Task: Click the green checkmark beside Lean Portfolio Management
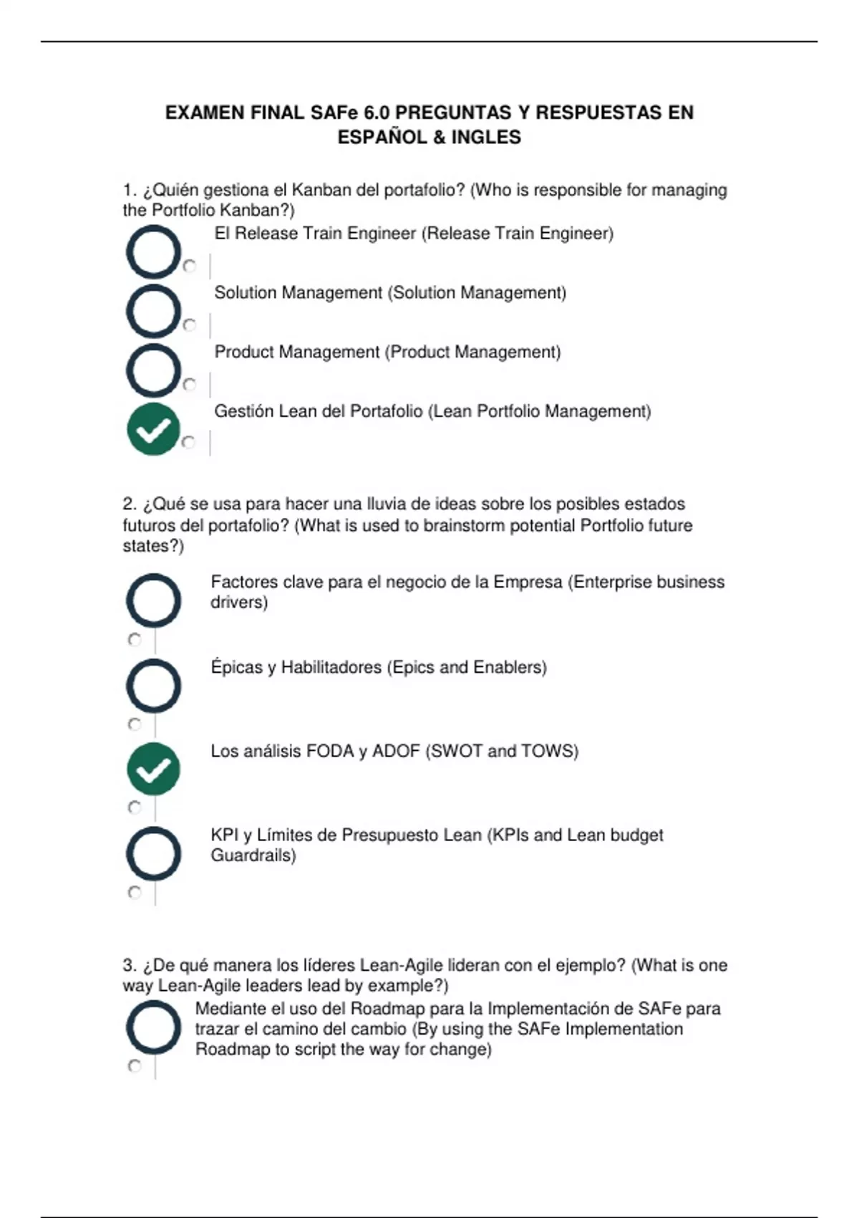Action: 153,429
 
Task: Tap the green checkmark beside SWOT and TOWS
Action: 153,769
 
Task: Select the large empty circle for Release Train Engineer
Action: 153,252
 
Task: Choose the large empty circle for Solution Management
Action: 153,311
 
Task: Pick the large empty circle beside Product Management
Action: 153,370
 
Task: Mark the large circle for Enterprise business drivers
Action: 153,600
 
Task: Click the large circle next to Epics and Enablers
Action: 153,686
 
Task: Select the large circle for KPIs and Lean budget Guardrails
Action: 153,853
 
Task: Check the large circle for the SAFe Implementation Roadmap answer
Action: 153,1027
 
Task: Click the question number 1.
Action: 129,191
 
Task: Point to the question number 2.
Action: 129,504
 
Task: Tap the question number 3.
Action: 129,966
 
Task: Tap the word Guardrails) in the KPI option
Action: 253,855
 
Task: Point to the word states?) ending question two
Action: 153,546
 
